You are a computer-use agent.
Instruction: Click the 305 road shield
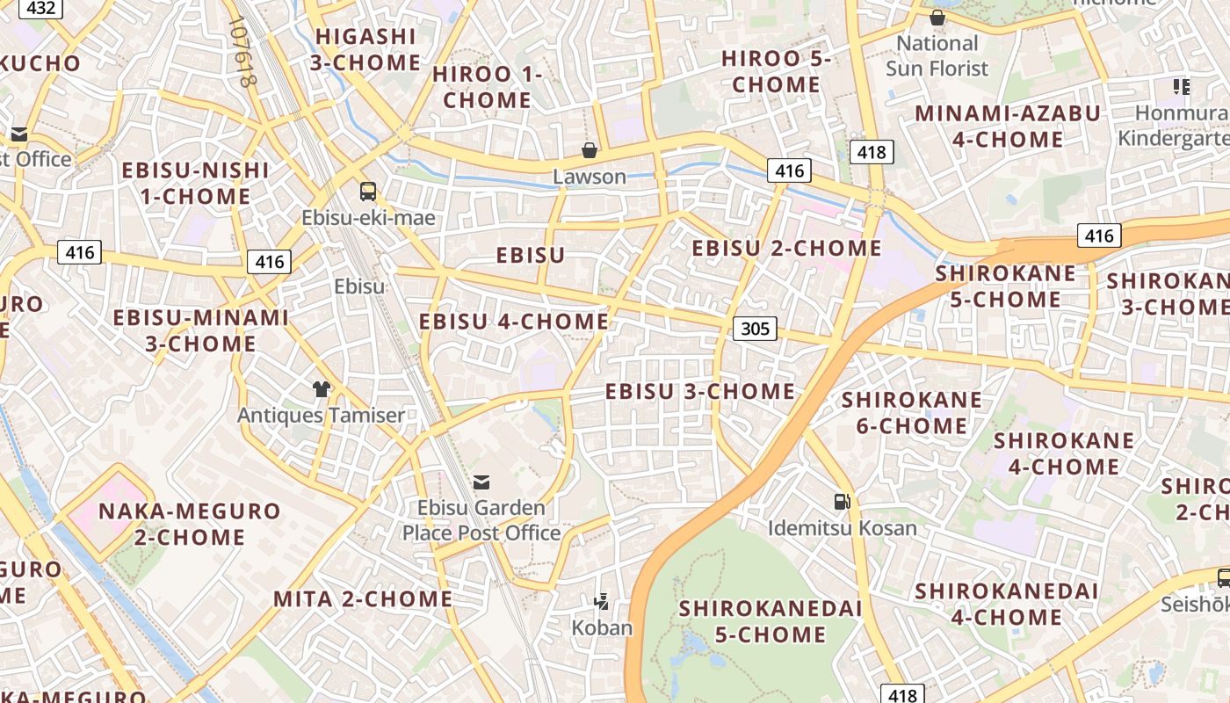tap(755, 330)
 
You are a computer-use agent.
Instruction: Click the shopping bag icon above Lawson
tap(590, 150)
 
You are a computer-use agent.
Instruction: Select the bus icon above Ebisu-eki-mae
tap(368, 191)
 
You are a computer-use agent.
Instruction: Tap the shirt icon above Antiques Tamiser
tap(321, 389)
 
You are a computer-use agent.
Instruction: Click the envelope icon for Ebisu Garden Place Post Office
tap(481, 482)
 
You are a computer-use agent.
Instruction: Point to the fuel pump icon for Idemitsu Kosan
tap(842, 502)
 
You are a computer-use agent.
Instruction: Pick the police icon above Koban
tap(602, 602)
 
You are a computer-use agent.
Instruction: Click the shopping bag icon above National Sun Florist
tap(937, 18)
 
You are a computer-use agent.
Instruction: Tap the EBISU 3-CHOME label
tap(700, 391)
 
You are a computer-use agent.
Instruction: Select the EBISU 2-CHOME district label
tap(786, 248)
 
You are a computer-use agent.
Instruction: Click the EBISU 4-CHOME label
tap(514, 322)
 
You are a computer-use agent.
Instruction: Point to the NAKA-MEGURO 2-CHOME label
tap(189, 524)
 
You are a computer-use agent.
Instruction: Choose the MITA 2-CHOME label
tap(363, 599)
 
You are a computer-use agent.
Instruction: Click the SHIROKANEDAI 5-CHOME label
tap(771, 620)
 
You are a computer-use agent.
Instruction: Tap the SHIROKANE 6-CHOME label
tap(912, 413)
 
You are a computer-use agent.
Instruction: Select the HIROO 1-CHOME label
tap(488, 87)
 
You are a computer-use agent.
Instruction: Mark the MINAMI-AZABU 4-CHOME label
tap(1008, 127)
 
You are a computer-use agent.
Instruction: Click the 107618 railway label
tap(244, 53)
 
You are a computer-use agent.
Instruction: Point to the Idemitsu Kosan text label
tap(842, 528)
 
